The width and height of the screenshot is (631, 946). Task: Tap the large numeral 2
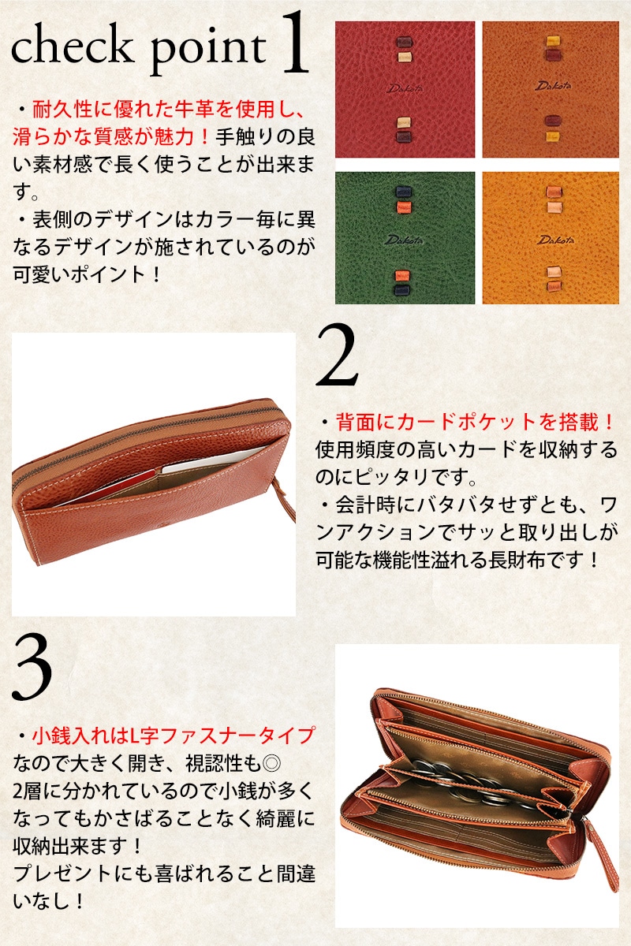337,354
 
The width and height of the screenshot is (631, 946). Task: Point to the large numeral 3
32,667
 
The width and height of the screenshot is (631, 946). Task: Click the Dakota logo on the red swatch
405,89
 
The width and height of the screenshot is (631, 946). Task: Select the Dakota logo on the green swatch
404,240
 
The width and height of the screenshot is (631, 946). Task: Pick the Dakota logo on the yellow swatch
555,240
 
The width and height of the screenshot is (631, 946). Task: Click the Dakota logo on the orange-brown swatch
553,86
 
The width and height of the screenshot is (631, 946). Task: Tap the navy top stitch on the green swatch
404,192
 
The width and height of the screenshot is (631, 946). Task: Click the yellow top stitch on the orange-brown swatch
553,41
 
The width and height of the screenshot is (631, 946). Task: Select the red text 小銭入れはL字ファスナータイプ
174,736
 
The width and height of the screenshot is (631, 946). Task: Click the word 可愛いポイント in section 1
79,274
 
